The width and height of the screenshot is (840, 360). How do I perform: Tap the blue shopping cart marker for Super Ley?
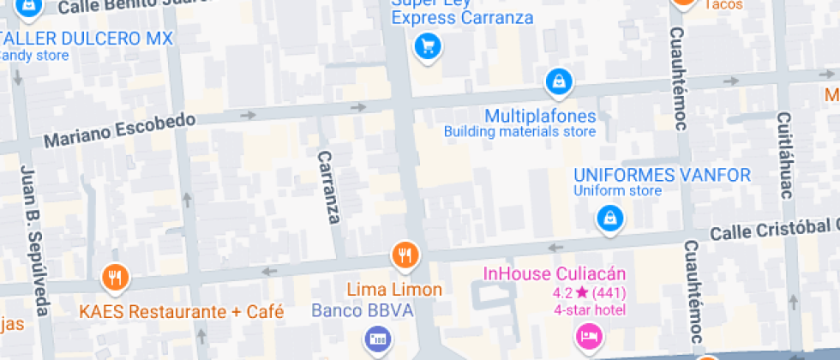(x=427, y=46)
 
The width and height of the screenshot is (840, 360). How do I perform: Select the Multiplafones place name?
(x=540, y=116)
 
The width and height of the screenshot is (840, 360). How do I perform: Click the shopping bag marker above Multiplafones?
(x=558, y=82)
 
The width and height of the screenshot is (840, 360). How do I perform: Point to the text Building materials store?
(x=519, y=132)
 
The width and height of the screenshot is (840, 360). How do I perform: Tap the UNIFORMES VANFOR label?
(x=662, y=175)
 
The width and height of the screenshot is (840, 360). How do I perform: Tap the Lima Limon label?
(x=394, y=290)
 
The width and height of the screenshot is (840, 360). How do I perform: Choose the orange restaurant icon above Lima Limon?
(x=405, y=255)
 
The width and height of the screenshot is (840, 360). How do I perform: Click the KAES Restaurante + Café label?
(x=182, y=312)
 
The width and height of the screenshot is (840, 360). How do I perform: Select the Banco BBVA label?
(x=363, y=310)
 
